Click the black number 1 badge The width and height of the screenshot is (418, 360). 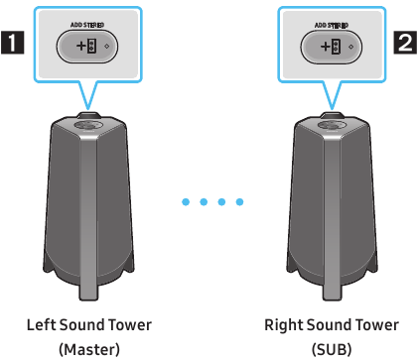click(x=13, y=45)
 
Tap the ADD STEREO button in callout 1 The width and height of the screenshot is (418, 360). click(x=88, y=47)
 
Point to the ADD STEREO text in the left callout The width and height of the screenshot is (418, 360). click(x=88, y=24)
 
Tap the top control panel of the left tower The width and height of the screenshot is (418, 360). click(x=88, y=125)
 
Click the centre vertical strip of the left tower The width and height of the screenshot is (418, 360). click(x=88, y=218)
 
